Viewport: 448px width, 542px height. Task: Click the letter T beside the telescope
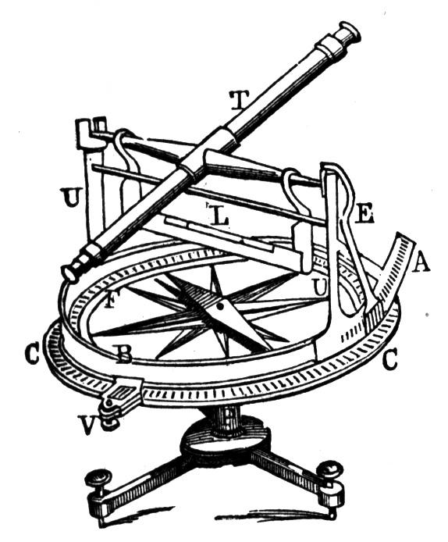240,101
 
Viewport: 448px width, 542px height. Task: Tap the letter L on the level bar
219,217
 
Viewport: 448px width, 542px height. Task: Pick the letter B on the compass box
123,355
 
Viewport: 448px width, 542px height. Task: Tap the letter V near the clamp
87,425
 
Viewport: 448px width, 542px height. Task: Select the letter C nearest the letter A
390,361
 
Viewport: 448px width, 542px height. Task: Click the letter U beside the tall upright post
72,198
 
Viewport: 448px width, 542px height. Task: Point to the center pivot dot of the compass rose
219,306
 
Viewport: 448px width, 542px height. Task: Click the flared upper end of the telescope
349,31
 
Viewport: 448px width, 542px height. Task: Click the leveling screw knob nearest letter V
99,479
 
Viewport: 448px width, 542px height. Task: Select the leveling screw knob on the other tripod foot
331,468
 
